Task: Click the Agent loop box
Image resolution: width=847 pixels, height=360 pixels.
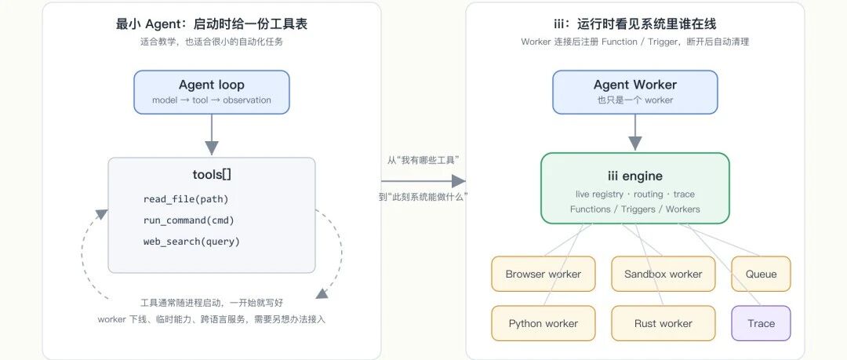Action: [x=212, y=92]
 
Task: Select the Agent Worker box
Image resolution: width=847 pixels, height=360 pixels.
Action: [x=634, y=92]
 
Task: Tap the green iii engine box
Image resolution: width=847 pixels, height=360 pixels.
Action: [x=634, y=188]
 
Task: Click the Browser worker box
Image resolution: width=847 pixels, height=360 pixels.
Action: [x=543, y=274]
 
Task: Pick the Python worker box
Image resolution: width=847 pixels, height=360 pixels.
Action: [x=543, y=323]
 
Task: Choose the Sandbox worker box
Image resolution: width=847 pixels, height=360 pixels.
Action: [x=663, y=274]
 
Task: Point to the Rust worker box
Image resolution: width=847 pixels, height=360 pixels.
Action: [x=663, y=323]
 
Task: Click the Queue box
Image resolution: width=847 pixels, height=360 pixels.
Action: [x=761, y=274]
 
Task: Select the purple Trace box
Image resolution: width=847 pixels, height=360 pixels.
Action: [x=761, y=323]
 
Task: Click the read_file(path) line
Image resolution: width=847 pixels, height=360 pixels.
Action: [x=186, y=199]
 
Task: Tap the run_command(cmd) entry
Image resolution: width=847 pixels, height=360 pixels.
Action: [x=188, y=220]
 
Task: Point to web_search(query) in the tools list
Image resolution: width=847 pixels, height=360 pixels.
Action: [x=191, y=242]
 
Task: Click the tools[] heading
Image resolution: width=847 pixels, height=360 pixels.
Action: [x=212, y=174]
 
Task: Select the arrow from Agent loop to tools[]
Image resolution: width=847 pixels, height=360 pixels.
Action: [x=212, y=135]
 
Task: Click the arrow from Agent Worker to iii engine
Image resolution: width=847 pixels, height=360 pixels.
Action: [x=634, y=133]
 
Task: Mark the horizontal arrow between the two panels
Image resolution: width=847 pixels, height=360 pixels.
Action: [x=423, y=181]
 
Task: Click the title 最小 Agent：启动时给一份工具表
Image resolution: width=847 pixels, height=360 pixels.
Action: [x=212, y=24]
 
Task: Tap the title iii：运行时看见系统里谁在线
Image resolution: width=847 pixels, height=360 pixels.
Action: [x=634, y=24]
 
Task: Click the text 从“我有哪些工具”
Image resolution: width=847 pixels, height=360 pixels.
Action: [x=423, y=160]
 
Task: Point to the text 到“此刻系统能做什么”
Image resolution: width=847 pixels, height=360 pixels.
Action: [x=423, y=198]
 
